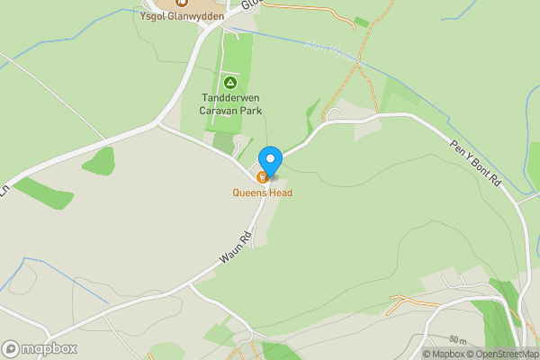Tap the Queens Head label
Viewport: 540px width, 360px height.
click(263, 192)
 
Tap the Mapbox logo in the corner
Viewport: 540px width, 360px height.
click(40, 348)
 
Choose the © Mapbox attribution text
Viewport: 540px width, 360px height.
click(443, 354)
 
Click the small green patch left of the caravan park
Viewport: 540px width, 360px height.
click(100, 162)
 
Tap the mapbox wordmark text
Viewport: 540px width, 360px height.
click(49, 348)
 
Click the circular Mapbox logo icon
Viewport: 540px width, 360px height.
click(11, 348)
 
